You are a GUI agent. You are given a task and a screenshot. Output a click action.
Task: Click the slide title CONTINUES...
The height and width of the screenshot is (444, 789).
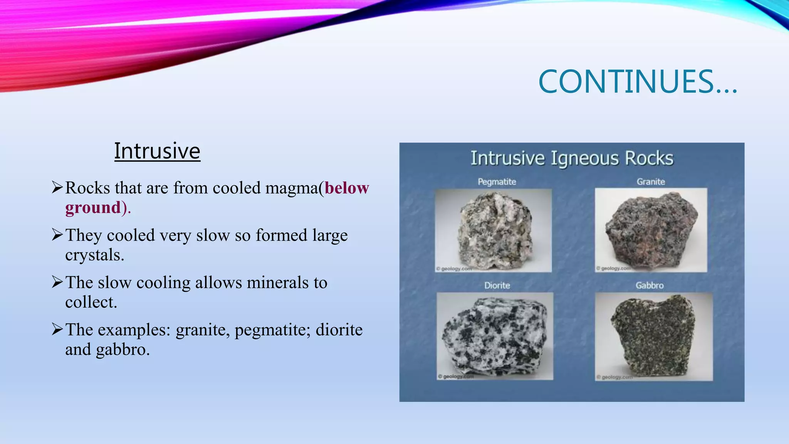pos(638,82)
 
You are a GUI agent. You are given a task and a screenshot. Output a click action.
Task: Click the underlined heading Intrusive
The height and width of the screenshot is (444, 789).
pos(157,151)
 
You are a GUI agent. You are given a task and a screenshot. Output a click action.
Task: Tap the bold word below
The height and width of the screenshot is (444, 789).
pos(347,188)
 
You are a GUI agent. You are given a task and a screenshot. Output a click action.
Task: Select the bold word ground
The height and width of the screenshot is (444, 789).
pos(93,208)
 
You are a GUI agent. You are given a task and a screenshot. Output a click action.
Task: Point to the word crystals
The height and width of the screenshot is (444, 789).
pos(94,255)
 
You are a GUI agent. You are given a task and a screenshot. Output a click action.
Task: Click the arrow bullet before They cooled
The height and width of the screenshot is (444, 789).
pos(57,234)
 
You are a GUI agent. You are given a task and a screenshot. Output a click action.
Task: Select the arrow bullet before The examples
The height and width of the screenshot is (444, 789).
pos(57,329)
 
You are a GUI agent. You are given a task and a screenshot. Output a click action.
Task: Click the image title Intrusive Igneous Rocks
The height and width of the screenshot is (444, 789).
pos(572,158)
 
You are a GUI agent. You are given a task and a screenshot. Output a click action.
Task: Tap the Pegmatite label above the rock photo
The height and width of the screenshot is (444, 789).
pos(497,182)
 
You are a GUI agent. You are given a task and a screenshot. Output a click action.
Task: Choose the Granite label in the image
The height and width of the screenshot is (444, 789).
pos(651,182)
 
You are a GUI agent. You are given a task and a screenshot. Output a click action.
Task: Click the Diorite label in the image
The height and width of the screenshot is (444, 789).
pos(497,286)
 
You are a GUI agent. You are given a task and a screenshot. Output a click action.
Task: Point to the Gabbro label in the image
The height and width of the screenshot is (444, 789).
pos(650,286)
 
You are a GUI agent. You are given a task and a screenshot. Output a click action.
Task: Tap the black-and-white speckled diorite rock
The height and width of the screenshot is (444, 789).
pos(495,335)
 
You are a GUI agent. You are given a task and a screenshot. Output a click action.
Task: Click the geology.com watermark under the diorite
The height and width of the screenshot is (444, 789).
pos(456,377)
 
